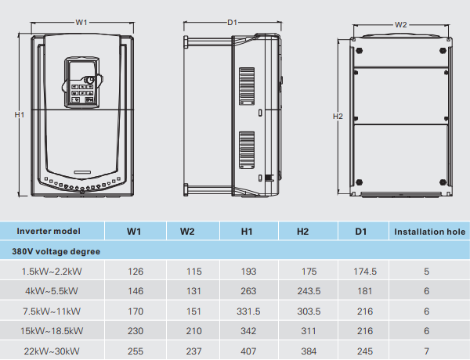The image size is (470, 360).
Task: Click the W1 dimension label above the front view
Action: click(x=81, y=23)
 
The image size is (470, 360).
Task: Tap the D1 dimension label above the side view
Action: click(x=232, y=23)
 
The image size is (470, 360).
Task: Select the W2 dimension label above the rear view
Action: click(x=400, y=24)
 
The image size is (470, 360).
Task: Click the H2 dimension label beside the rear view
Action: click(x=338, y=116)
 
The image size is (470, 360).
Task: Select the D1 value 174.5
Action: click(x=360, y=272)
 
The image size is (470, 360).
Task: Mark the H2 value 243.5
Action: click(x=303, y=291)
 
